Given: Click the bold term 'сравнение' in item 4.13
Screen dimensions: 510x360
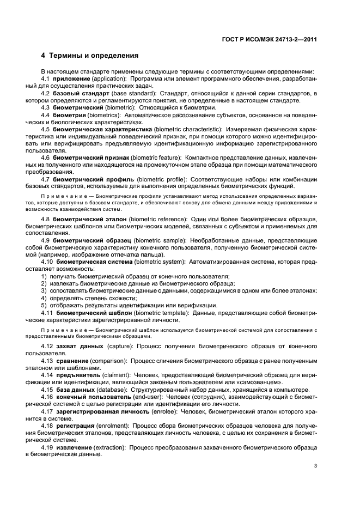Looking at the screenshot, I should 73,361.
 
